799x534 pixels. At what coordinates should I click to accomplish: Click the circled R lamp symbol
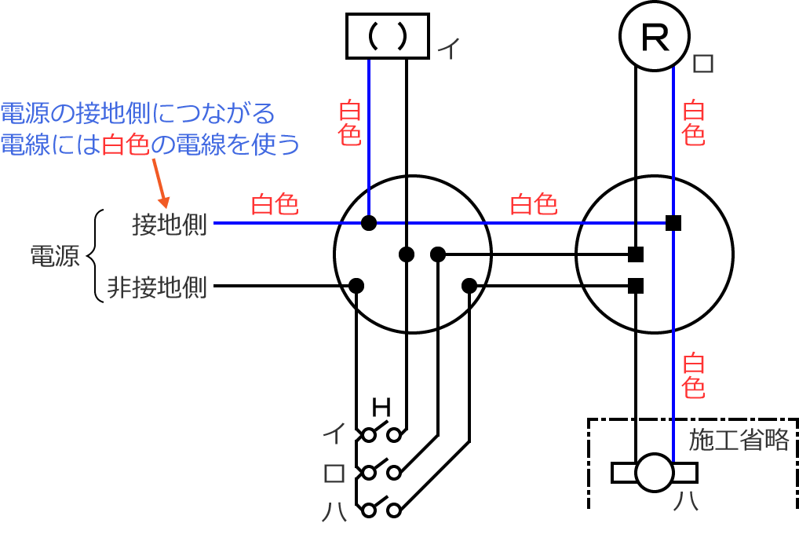point(654,36)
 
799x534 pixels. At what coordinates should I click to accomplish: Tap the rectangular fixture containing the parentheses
point(387,36)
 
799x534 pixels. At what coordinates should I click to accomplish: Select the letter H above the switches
point(381,407)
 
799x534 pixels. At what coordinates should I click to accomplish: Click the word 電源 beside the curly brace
point(54,256)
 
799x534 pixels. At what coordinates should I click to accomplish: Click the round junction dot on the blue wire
point(369,223)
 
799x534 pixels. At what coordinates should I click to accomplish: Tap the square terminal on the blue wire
point(673,223)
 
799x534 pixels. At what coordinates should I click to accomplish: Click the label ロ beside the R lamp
point(703,64)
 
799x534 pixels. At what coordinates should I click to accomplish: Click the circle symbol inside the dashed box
point(655,472)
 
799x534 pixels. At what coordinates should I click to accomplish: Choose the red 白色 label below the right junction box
point(693,375)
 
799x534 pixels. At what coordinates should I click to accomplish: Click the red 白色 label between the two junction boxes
point(534,205)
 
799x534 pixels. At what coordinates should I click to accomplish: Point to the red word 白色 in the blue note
point(126,144)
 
